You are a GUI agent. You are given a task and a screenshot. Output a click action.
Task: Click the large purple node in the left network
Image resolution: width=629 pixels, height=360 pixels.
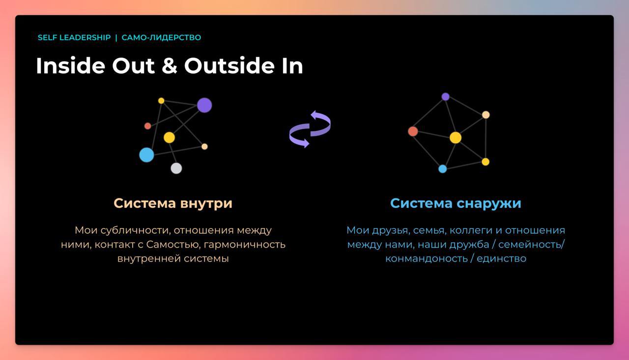[204, 105]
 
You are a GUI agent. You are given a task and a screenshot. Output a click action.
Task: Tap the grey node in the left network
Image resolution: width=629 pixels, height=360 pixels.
[176, 168]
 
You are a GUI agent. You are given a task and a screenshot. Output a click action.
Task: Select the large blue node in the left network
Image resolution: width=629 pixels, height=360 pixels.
[146, 155]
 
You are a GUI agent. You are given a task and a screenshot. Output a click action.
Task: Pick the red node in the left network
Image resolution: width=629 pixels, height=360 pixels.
[148, 126]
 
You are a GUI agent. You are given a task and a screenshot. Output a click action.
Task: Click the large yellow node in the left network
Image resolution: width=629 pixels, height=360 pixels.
[170, 138]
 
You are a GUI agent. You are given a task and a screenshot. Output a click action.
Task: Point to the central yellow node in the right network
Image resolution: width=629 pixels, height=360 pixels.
[456, 138]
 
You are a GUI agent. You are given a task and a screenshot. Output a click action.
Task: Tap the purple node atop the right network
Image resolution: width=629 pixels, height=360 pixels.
[445, 97]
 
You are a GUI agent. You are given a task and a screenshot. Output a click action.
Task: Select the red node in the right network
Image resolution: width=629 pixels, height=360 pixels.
[413, 131]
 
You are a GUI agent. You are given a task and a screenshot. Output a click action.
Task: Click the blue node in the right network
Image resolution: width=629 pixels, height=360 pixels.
[443, 169]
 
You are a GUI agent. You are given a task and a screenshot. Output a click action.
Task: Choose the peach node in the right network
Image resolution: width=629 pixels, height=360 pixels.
[486, 115]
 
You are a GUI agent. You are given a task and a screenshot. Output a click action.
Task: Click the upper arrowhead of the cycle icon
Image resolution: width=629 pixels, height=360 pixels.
[314, 115]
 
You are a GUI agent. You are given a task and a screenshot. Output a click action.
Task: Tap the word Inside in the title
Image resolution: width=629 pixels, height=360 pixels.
[70, 66]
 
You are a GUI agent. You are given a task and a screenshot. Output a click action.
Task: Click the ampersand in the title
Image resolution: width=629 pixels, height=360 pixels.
[170, 66]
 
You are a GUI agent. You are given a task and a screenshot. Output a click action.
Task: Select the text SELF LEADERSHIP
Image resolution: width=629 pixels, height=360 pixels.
[74, 38]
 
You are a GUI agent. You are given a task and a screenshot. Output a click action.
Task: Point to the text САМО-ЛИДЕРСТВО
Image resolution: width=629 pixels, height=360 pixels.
[161, 38]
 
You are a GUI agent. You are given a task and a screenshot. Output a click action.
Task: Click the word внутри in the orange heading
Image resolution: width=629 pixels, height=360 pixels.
[206, 204]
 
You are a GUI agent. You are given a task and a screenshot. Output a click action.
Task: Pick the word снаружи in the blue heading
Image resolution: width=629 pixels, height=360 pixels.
[488, 204]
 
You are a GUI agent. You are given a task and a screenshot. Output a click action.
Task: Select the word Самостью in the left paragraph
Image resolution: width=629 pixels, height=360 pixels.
[173, 245]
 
